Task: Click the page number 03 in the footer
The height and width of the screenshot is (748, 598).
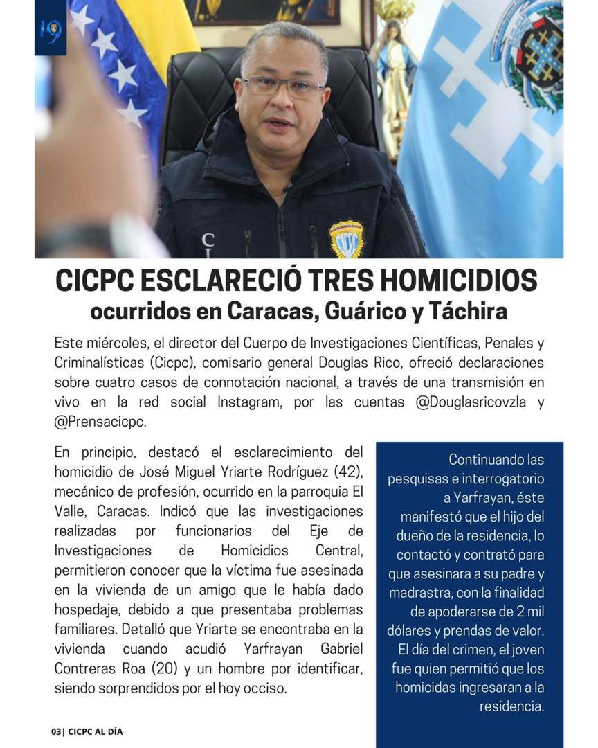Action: [x=56, y=731]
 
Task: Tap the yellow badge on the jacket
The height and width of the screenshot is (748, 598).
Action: [x=345, y=238]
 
